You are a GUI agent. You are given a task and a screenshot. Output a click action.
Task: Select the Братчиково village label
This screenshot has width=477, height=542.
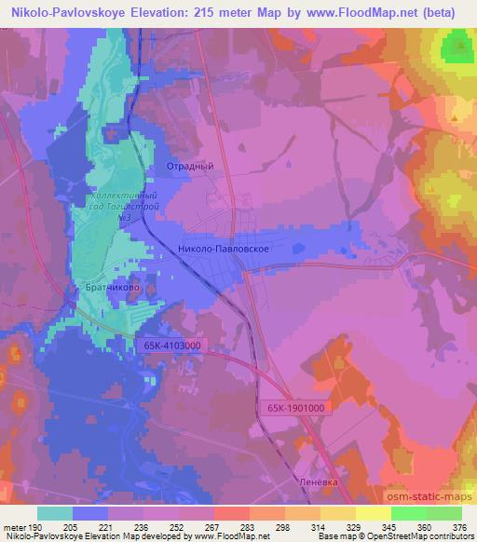110,289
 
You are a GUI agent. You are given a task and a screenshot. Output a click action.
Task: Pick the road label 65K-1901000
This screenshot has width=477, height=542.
293,406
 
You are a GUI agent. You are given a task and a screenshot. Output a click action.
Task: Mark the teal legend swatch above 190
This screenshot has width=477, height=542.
54,513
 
